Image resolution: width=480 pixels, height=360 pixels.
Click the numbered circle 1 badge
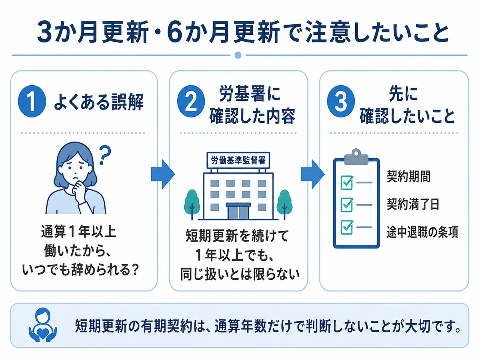(32, 101)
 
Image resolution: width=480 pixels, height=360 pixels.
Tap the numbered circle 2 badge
(191, 101)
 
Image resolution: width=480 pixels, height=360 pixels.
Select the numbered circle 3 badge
(341, 101)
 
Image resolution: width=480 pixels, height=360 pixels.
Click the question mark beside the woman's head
(104, 155)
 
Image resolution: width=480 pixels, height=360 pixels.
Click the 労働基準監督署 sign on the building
(238, 160)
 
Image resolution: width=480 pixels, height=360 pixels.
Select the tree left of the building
(192, 204)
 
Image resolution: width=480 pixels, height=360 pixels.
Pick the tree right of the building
(284, 204)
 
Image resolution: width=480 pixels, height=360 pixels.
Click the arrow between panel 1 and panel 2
(163, 174)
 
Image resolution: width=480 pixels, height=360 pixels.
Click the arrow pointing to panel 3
(313, 174)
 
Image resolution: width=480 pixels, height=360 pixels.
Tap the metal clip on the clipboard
(356, 156)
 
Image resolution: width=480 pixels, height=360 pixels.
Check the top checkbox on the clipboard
(347, 182)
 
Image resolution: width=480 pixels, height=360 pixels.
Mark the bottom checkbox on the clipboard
(347, 227)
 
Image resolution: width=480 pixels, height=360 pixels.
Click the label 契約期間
(408, 176)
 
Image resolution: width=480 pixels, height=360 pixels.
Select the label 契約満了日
(413, 204)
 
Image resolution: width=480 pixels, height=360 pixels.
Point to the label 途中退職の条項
(422, 232)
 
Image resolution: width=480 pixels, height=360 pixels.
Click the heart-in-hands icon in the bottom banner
(43, 325)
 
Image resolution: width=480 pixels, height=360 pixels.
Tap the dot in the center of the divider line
(238, 55)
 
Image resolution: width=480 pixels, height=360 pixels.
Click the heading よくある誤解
(99, 102)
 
